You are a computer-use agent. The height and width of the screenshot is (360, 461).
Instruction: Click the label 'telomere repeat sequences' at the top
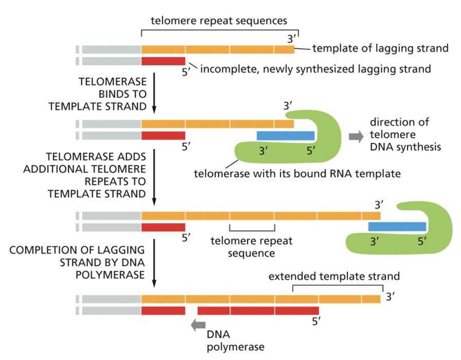coord(218,21)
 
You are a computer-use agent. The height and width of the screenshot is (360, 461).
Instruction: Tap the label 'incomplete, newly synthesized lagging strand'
coord(315,68)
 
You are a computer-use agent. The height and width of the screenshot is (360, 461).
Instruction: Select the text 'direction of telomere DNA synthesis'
coord(405,135)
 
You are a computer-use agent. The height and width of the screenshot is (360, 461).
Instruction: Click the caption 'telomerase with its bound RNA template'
coord(297,173)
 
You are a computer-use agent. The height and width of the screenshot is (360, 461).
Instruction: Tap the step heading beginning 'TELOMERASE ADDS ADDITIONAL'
coord(96,175)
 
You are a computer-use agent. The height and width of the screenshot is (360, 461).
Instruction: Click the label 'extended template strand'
coord(334,276)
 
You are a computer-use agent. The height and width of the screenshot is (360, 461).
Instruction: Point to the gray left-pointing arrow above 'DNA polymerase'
coord(198,325)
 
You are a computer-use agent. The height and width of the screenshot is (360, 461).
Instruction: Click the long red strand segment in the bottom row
coord(258,311)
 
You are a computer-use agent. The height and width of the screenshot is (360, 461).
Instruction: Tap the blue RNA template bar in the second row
coord(286,136)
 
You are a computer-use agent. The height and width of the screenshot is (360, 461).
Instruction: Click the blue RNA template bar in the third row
coord(397,226)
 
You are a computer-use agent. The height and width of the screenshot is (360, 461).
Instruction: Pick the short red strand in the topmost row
coord(163,61)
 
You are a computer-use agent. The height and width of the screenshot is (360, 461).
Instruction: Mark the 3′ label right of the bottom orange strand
coord(391,297)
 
